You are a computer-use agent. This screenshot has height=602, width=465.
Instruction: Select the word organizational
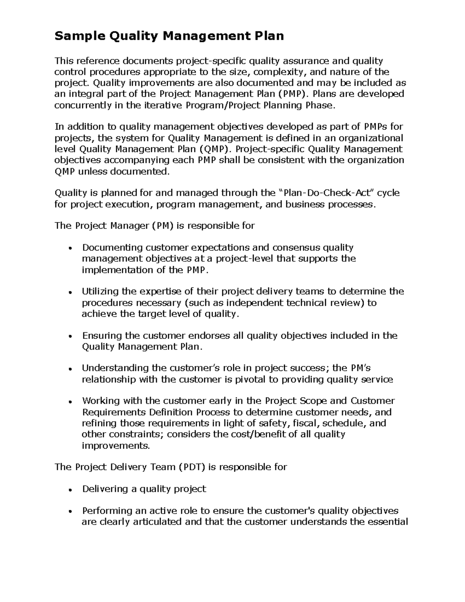click(371, 138)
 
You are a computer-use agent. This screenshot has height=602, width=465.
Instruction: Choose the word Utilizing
click(100, 292)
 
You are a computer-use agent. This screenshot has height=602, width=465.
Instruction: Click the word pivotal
click(250, 379)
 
